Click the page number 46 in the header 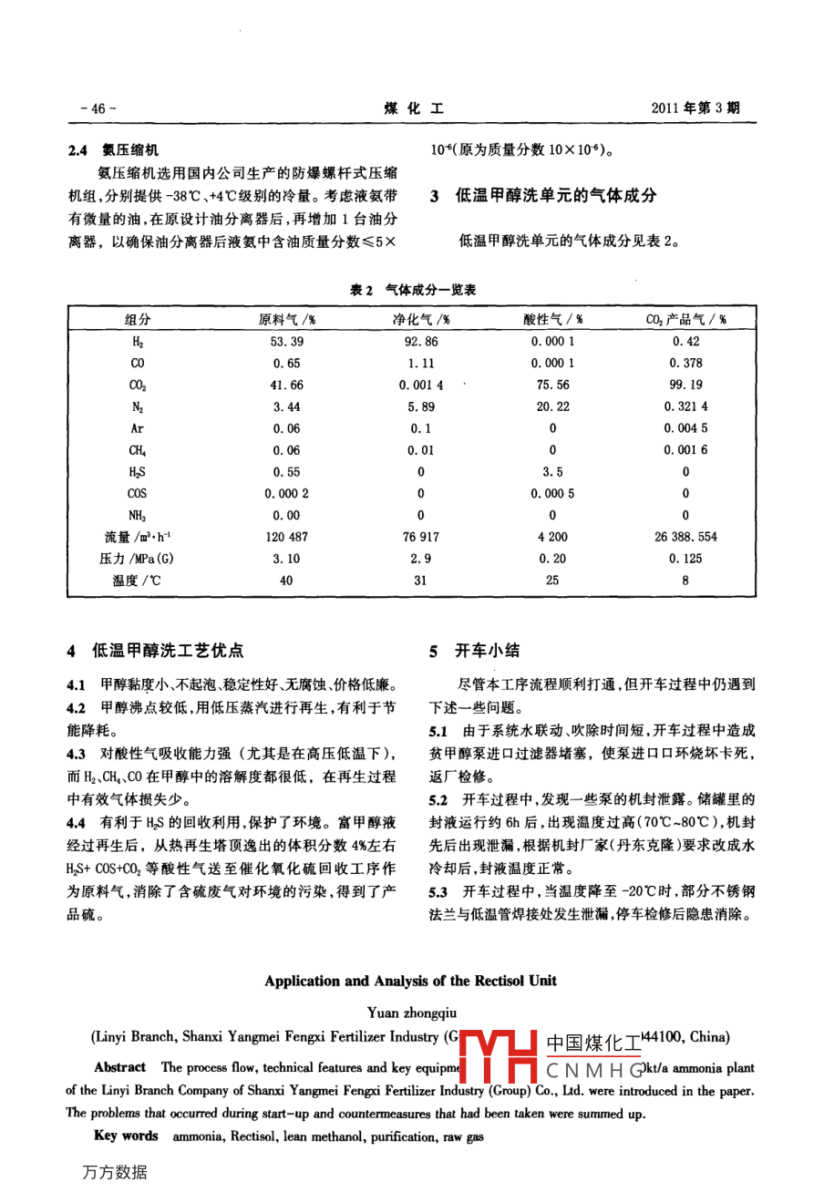pyautogui.click(x=98, y=108)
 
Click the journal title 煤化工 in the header pyautogui.click(x=414, y=108)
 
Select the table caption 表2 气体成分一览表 pyautogui.click(x=413, y=290)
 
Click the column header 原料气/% pyautogui.click(x=286, y=320)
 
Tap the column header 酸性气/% pyautogui.click(x=552, y=320)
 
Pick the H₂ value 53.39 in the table pyautogui.click(x=286, y=342)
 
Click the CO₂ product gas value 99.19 pyautogui.click(x=685, y=385)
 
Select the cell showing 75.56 pyautogui.click(x=552, y=385)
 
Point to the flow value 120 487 pyautogui.click(x=286, y=537)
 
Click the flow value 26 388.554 pyautogui.click(x=685, y=537)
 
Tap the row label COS pyautogui.click(x=137, y=493)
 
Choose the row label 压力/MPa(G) pyautogui.click(x=137, y=559)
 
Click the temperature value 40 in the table pyautogui.click(x=286, y=581)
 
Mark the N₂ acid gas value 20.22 pyautogui.click(x=552, y=406)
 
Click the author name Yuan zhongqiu pyautogui.click(x=412, y=1013)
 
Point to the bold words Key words pyautogui.click(x=126, y=1136)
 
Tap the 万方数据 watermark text pyautogui.click(x=114, y=1173)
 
